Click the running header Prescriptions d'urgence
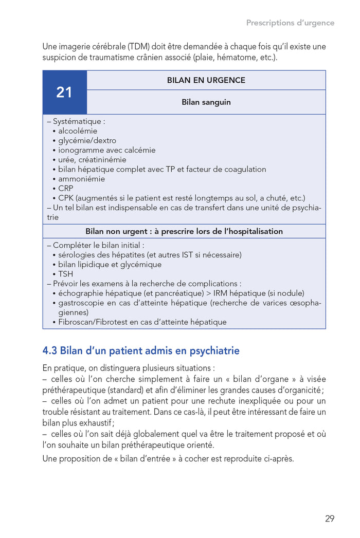point(290,23)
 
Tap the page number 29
point(330,518)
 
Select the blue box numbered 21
point(64,92)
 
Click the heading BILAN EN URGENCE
point(206,80)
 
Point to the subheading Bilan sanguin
point(206,102)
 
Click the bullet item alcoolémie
point(78,131)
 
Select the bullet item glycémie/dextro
point(87,140)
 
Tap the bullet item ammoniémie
point(81,179)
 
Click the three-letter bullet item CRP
point(66,189)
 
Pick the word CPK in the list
point(66,198)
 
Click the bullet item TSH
point(65,274)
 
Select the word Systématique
point(78,122)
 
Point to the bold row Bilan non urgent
point(184,231)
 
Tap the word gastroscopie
point(82,303)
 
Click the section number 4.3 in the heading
point(50,351)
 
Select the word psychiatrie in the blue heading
point(214,351)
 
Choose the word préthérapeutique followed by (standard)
point(74,389)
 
